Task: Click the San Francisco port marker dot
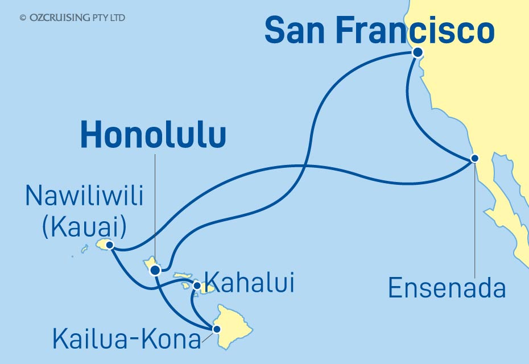[418, 52]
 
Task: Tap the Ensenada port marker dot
[476, 158]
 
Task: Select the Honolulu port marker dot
[155, 270]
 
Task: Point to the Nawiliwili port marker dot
[110, 245]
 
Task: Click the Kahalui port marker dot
[197, 286]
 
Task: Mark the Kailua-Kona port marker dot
[216, 329]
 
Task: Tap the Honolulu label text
[153, 137]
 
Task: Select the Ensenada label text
[447, 288]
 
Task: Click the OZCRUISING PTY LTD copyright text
[72, 18]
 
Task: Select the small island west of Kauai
[85, 249]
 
